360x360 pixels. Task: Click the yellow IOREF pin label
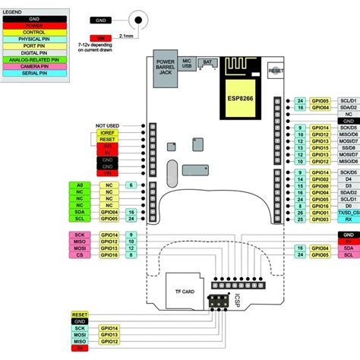[107, 132]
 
